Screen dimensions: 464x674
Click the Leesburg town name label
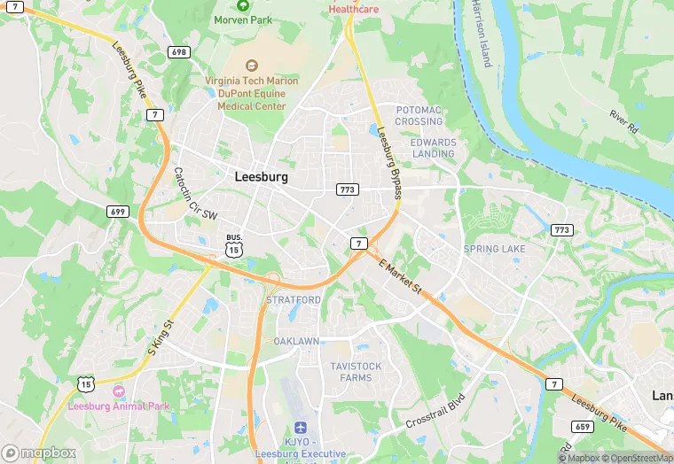click(x=262, y=176)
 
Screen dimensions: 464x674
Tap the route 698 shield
click(x=178, y=52)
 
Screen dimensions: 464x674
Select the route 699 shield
click(x=117, y=211)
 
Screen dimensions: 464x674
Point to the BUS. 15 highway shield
click(x=233, y=246)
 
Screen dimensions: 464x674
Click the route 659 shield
click(x=584, y=426)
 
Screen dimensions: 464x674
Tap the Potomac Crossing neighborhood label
click(x=419, y=115)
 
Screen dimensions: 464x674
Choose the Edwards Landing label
click(x=433, y=148)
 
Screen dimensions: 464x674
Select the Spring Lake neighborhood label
click(x=494, y=249)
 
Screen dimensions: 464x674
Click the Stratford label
click(x=294, y=300)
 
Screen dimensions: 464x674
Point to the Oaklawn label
click(x=296, y=341)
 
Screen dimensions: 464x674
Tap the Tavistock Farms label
click(x=356, y=372)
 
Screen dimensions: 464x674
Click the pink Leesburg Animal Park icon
click(x=119, y=391)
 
